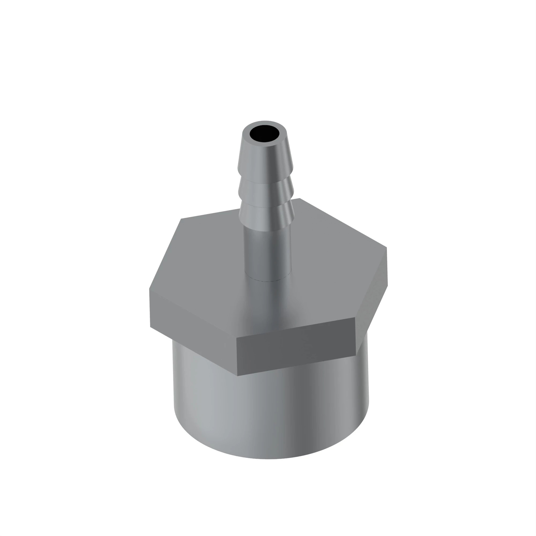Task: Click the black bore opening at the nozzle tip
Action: (x=265, y=133)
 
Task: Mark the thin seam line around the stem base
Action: (x=268, y=281)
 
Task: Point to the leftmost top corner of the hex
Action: (x=150, y=289)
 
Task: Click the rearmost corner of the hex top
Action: (x=300, y=198)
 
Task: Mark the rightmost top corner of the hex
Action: (x=386, y=247)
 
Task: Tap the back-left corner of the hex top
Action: (x=181, y=219)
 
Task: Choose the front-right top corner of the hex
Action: (x=355, y=318)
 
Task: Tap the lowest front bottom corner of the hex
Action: (x=237, y=376)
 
